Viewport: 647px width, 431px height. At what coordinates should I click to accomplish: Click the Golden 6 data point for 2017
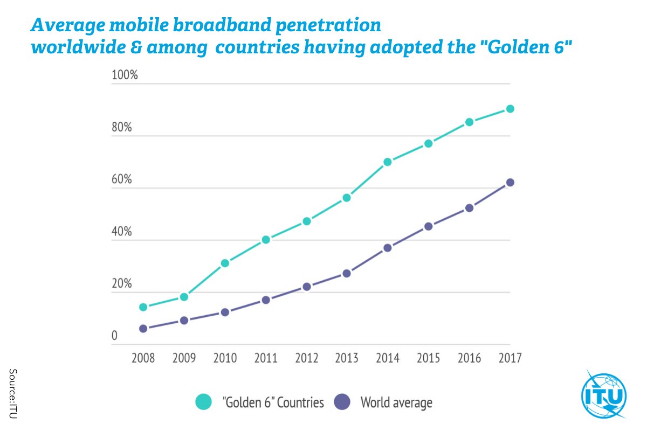[x=510, y=109]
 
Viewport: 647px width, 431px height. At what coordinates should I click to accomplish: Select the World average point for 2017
[x=510, y=182]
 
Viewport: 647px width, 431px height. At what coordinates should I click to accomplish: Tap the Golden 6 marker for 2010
[x=225, y=263]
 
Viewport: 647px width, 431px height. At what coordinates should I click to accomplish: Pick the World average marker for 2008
[x=143, y=328]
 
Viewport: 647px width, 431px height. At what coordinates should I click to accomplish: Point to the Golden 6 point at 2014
[x=388, y=162]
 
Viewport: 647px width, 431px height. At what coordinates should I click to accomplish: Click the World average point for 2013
[x=347, y=273]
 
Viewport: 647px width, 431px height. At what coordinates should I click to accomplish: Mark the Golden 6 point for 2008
[x=143, y=307]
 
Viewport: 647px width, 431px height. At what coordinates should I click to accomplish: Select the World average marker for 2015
[x=428, y=226]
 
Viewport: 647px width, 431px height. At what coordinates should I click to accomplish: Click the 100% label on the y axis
[x=125, y=75]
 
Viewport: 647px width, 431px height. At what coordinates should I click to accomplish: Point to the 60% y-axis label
[x=122, y=179]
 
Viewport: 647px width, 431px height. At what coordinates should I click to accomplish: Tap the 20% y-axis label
[x=122, y=284]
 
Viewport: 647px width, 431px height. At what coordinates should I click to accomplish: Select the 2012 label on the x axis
[x=306, y=358]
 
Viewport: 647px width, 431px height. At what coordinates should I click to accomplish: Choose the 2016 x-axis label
[x=469, y=358]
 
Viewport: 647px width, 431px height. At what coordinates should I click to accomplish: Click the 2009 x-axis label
[x=184, y=358]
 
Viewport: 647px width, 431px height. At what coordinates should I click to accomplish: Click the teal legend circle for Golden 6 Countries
[x=204, y=402]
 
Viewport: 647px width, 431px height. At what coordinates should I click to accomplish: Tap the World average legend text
[x=396, y=402]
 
